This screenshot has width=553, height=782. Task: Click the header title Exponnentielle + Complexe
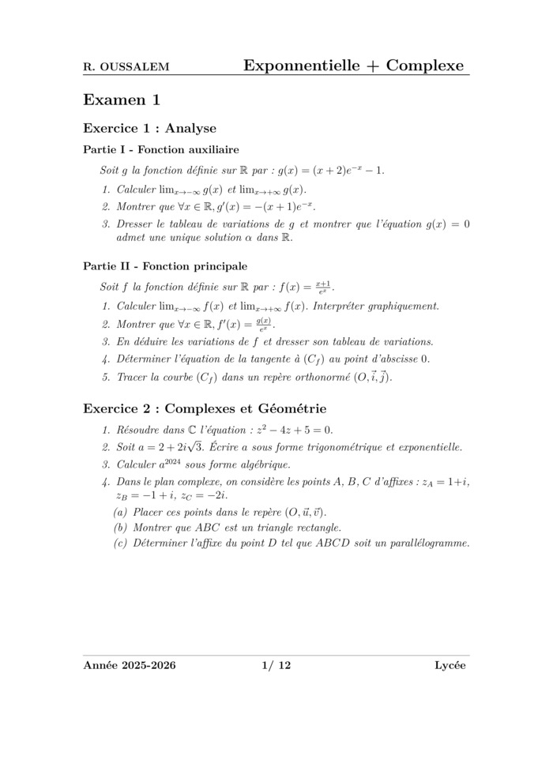coord(353,66)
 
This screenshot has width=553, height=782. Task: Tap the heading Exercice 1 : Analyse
coord(149,128)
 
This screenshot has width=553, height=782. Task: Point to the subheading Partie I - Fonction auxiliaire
coord(161,149)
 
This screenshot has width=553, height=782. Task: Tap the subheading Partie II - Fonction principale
coord(164,266)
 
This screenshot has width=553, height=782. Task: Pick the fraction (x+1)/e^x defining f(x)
coord(323,285)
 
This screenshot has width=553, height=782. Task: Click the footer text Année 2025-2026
coord(130,666)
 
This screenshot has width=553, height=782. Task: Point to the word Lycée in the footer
coord(450,666)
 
